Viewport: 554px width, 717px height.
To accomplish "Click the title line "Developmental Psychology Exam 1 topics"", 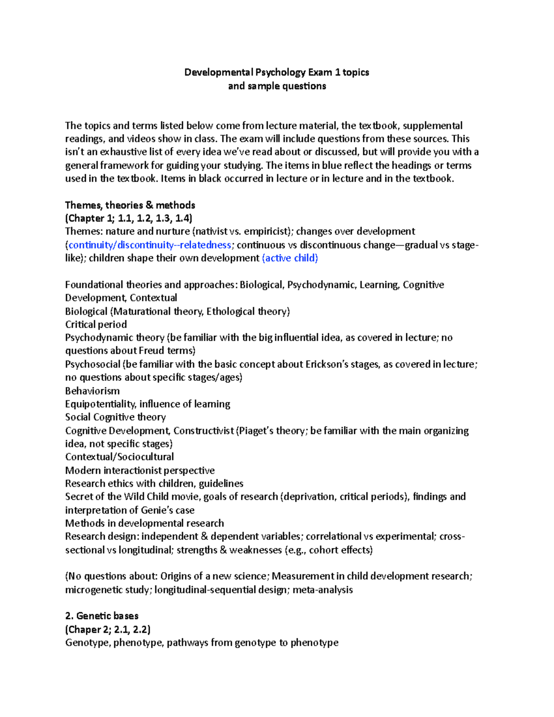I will click(277, 72).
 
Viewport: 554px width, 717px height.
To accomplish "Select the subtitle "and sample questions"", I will click(277, 86).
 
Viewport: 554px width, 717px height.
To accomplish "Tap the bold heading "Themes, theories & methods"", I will click(130, 205).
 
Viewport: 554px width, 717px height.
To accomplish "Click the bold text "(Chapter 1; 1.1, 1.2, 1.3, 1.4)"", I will click(129, 218).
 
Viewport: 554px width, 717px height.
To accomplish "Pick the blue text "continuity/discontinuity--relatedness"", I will click(150, 245).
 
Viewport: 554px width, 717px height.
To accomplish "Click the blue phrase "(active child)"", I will click(290, 258).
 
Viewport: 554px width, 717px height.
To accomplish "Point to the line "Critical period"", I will click(96, 325).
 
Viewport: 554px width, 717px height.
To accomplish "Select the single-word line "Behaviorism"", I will click(92, 391).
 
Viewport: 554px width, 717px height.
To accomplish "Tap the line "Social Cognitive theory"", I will click(115, 417).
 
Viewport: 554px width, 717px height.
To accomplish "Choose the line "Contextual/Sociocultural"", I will click(120, 457).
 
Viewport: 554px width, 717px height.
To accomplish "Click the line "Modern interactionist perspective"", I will click(140, 470).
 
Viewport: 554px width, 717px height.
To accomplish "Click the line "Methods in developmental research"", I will click(145, 523).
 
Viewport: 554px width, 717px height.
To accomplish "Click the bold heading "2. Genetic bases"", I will click(102, 616).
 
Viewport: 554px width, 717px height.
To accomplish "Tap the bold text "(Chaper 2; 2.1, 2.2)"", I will click(108, 629).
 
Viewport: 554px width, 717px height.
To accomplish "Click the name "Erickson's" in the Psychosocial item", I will click(328, 364).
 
